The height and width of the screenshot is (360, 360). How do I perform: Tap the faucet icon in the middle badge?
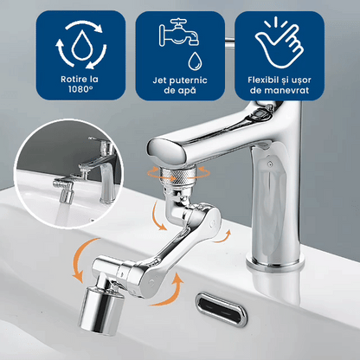(x=179, y=33)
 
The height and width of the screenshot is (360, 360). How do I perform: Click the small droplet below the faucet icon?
(x=195, y=61)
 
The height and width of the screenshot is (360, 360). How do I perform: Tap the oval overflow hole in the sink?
(x=222, y=310)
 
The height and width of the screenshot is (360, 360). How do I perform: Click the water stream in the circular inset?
(x=61, y=214)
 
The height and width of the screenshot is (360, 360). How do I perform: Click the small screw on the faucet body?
(x=269, y=164)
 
